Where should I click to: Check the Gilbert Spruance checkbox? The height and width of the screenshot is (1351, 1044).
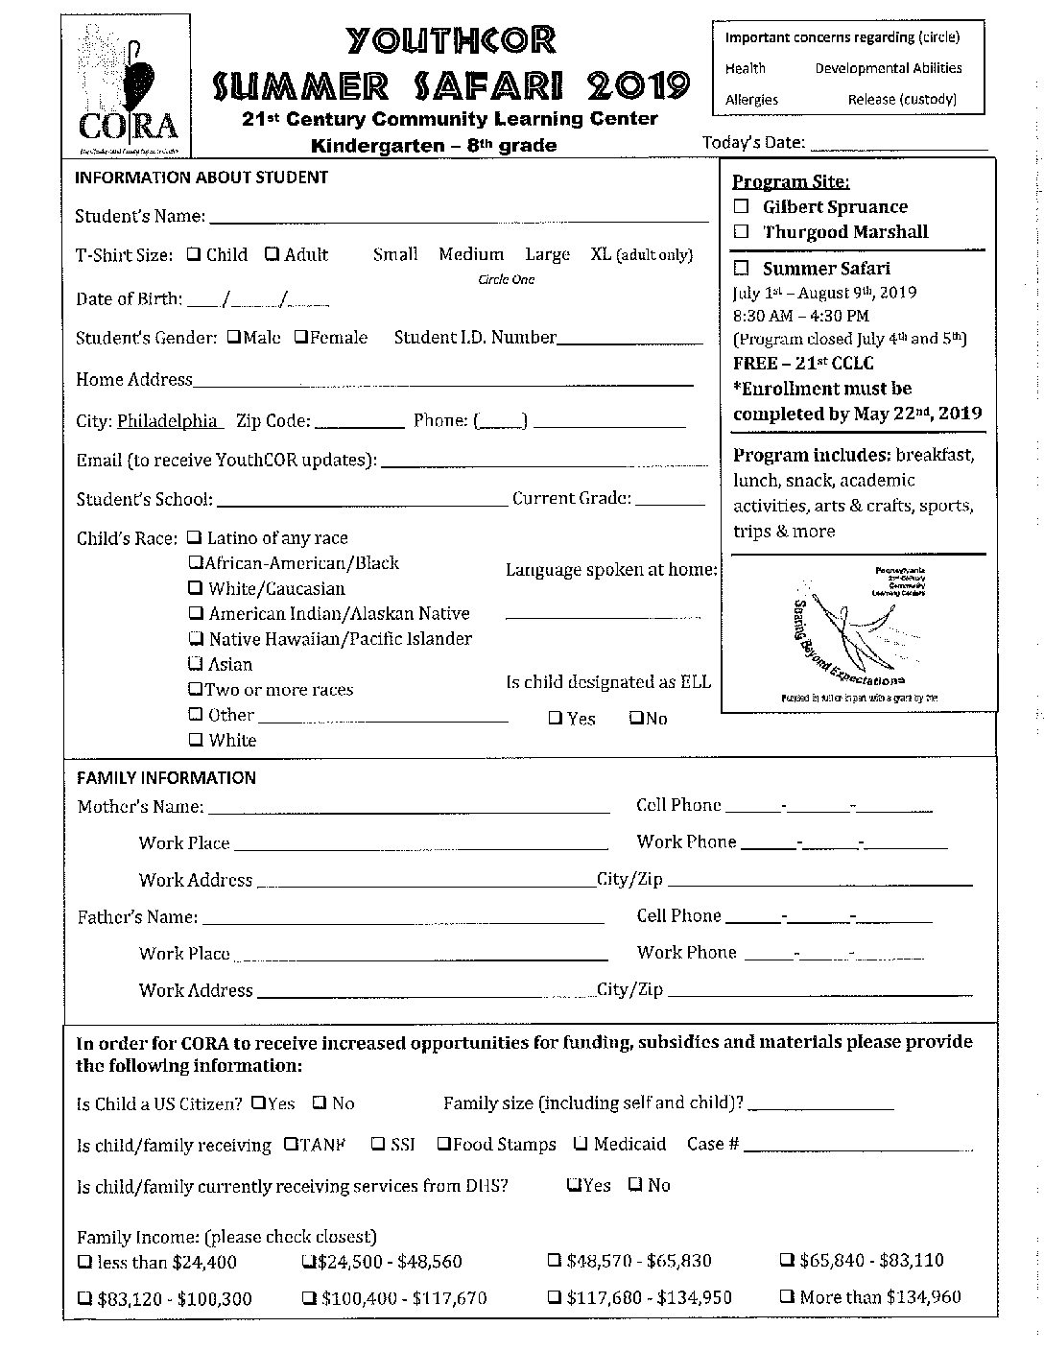pos(742,206)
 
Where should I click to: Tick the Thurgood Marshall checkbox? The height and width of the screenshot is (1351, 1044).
pos(742,231)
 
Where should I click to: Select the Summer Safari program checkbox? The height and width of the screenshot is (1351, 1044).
pos(742,269)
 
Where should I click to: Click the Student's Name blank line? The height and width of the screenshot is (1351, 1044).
pos(458,217)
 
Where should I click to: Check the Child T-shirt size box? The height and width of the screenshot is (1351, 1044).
pos(194,254)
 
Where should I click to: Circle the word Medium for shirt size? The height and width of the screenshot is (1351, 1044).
pos(471,254)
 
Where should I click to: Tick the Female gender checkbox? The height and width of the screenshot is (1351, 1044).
pos(300,337)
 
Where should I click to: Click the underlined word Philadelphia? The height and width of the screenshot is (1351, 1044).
pos(168,421)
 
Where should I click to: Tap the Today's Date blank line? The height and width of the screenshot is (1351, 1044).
pos(898,145)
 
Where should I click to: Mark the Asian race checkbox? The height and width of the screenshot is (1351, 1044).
pos(196,664)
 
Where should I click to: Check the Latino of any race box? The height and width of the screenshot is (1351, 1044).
pos(195,537)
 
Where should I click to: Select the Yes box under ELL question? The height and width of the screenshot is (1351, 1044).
pos(556,718)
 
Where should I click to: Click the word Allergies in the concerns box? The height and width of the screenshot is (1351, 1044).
pos(751,100)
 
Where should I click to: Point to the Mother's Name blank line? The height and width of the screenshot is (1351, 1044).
pos(409,808)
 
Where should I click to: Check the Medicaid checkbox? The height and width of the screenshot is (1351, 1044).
pos(581,1144)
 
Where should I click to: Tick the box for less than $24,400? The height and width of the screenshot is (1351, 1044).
pos(84,1261)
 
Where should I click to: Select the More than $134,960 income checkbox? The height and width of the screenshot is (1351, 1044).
pos(786,1296)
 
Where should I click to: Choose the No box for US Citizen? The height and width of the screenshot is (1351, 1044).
pos(319,1102)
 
